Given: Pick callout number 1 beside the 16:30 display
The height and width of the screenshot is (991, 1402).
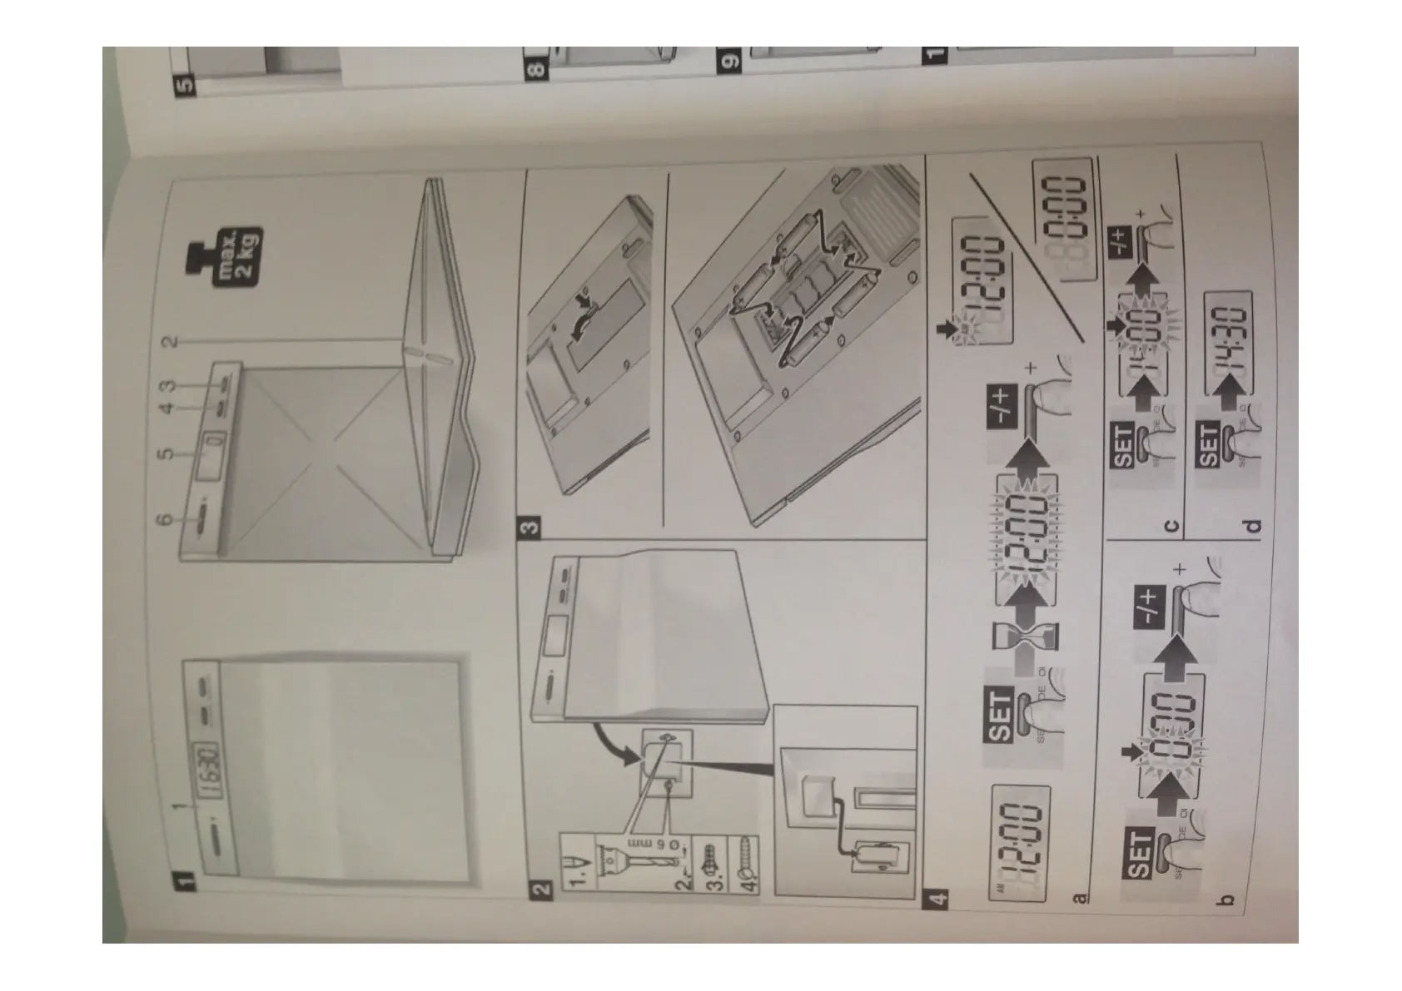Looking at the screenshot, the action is (176, 805).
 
